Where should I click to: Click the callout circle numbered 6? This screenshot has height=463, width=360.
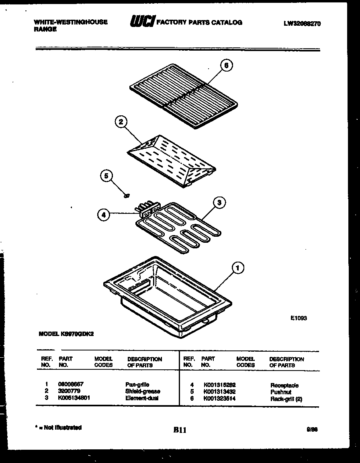click(x=227, y=65)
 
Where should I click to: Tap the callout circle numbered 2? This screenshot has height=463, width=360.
click(x=120, y=122)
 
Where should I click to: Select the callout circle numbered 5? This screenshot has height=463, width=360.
click(x=106, y=176)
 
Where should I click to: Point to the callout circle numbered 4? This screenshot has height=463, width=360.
click(x=104, y=215)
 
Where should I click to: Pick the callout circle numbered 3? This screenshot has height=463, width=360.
click(x=219, y=203)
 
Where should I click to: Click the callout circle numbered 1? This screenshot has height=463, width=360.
click(x=238, y=267)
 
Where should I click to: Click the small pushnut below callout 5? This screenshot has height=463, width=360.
click(x=126, y=196)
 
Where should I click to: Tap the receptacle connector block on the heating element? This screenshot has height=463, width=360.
click(x=146, y=209)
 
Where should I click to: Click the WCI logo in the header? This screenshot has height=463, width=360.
click(x=141, y=22)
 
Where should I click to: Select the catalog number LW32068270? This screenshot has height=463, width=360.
click(x=302, y=24)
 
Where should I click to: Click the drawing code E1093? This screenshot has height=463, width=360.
click(x=299, y=318)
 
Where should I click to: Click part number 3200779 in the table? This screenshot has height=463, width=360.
click(x=69, y=391)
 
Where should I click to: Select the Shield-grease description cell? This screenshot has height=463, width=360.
click(x=143, y=391)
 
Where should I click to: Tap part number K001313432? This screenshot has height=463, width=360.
click(x=219, y=392)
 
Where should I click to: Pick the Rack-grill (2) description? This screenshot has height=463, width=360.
click(x=286, y=399)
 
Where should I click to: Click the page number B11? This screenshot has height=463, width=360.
click(x=180, y=430)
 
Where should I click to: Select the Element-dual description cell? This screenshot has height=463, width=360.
click(x=142, y=398)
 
